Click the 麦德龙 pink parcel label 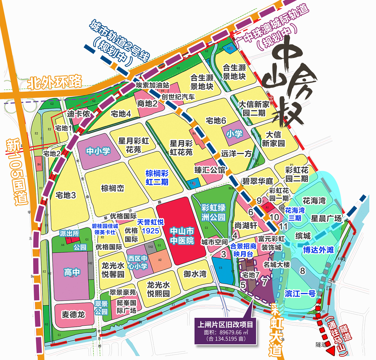click(x=73, y=315)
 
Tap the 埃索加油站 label click(x=152, y=85)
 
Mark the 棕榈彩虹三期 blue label click(x=157, y=178)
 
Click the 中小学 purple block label click(x=98, y=151)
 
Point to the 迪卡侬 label click(x=79, y=114)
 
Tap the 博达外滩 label click(x=318, y=250)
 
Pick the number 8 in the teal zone click(x=302, y=271)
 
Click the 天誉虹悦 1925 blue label click(x=150, y=226)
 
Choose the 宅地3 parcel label click(x=66, y=195)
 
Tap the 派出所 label click(x=69, y=233)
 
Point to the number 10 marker click(x=274, y=217)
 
